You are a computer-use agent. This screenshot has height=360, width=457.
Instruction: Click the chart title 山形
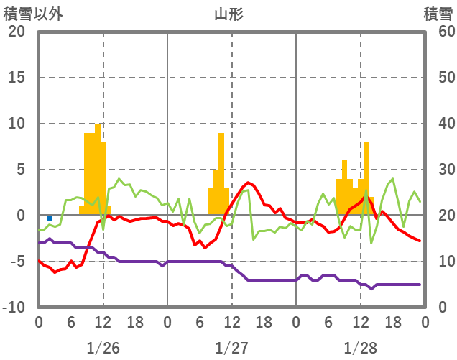click(228, 14)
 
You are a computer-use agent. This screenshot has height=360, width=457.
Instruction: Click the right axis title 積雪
click(438, 14)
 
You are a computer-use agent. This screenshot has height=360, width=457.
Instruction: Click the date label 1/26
click(103, 348)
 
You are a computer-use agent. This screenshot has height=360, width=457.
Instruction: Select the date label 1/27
click(231, 348)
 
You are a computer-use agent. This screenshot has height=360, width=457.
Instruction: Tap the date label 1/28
click(360, 348)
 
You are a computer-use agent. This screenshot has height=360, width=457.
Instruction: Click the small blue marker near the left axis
click(50, 218)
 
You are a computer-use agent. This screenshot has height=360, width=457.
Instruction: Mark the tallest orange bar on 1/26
click(98, 169)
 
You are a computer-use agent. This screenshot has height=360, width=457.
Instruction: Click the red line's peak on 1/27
click(248, 183)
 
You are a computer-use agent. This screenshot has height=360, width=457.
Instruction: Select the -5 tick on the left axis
click(17, 262)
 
